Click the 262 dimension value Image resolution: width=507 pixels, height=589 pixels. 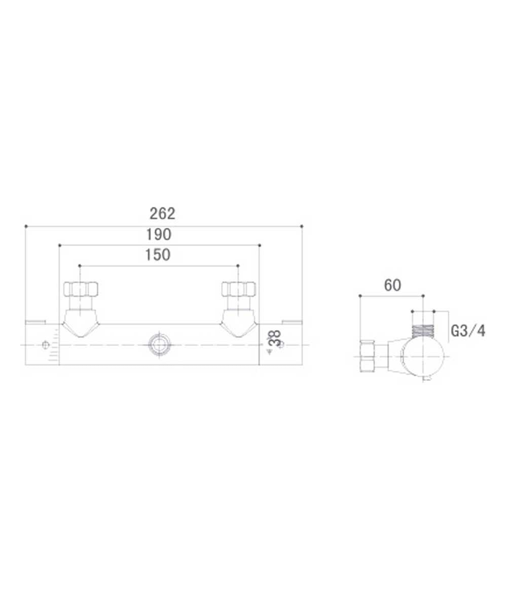163,213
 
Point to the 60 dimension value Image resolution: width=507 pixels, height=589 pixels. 392,285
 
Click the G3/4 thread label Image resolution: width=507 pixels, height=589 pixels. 468,331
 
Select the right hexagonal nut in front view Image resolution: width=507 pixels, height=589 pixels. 239,289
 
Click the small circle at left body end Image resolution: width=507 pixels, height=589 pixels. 45,345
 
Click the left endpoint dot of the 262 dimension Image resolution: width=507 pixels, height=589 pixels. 25,226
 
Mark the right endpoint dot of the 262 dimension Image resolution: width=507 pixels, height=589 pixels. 302,226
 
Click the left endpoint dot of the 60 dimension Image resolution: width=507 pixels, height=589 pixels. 359,296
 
